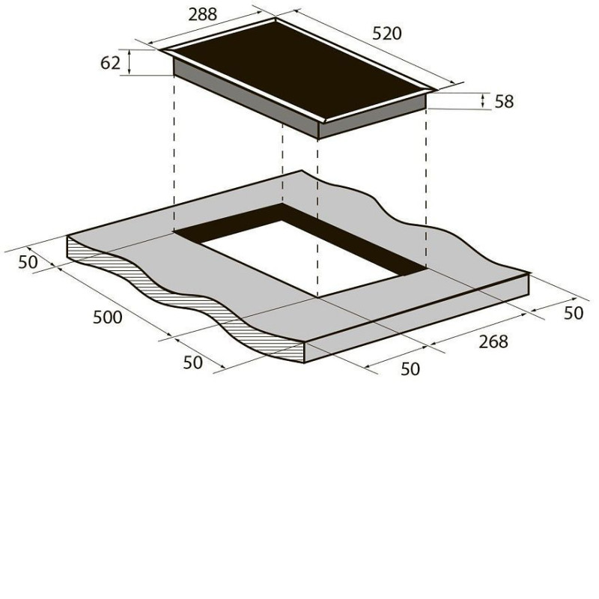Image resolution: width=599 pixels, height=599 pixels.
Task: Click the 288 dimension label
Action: pyautogui.click(x=202, y=14)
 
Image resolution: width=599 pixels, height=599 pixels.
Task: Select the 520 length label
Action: pyautogui.click(x=387, y=34)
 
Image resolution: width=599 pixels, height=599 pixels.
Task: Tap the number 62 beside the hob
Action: pyautogui.click(x=110, y=63)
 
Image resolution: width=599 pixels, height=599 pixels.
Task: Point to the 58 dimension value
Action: pyautogui.click(x=504, y=102)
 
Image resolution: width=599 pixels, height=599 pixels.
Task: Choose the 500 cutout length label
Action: pyautogui.click(x=108, y=317)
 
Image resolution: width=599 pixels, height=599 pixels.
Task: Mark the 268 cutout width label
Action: pyautogui.click(x=493, y=341)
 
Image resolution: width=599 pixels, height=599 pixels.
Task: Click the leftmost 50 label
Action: pyautogui.click(x=28, y=262)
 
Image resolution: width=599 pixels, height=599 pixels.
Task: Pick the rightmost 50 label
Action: pyautogui.click(x=574, y=313)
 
